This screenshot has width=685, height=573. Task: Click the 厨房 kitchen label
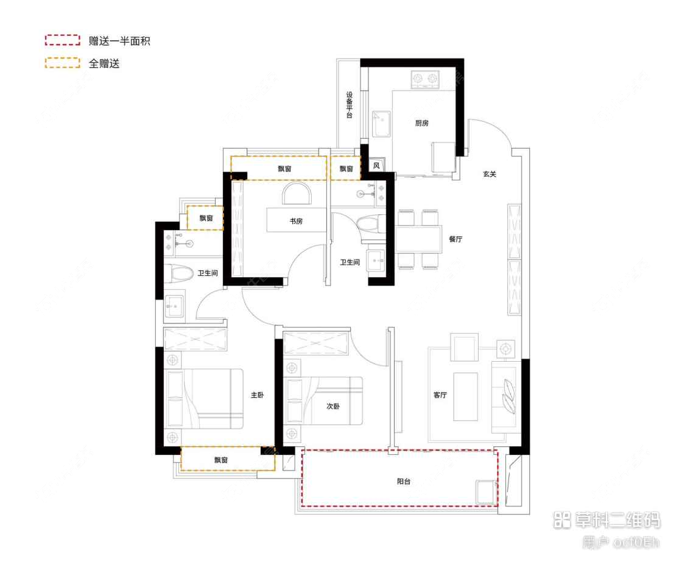coord(422,123)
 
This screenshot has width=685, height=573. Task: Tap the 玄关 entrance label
coord(490,174)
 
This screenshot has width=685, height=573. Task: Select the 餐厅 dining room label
coord(455,239)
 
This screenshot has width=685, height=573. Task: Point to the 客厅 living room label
coord(440,395)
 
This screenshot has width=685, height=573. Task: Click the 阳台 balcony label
coord(404,481)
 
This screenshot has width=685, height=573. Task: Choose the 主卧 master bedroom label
coord(257,395)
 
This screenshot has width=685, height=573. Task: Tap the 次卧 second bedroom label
coord(332,406)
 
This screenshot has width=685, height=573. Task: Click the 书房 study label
coord(296,222)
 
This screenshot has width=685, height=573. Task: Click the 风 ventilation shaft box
coord(376,166)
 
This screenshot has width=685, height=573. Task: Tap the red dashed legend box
coord(62,41)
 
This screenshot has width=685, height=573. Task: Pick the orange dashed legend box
coord(62,63)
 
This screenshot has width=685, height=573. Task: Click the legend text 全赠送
coord(104,63)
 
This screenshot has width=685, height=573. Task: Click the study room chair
coord(297,194)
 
